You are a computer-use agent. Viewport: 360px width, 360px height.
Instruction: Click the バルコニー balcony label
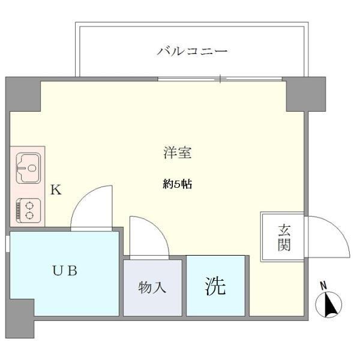(192, 52)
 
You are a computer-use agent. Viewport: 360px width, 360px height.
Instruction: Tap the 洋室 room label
(178, 153)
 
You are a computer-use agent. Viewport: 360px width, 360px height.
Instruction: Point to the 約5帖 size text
(178, 185)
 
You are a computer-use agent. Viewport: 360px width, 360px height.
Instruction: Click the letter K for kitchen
(56, 190)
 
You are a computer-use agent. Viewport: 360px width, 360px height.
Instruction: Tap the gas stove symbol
(26, 210)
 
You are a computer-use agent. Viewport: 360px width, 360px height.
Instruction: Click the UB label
(64, 271)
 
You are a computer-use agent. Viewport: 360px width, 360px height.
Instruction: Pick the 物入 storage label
(152, 287)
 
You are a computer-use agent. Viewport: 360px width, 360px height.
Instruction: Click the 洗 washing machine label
(215, 286)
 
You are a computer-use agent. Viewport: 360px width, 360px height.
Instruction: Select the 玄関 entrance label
(284, 237)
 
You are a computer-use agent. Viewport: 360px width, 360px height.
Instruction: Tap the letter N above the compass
(323, 285)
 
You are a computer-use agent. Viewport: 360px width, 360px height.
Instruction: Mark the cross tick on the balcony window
(221, 79)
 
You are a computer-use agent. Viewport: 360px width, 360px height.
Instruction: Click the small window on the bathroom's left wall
(7, 244)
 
